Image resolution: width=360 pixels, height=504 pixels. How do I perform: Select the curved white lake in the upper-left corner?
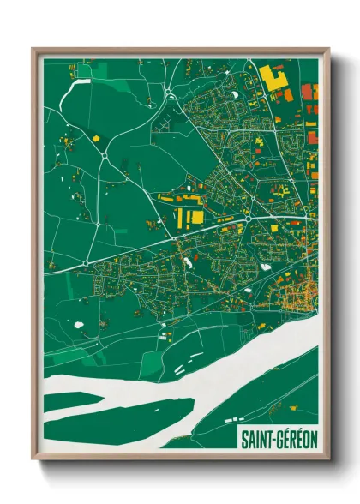[82, 82]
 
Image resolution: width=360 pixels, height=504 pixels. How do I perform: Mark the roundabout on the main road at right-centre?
[247, 219]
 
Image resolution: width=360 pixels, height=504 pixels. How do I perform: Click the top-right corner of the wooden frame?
[327, 50]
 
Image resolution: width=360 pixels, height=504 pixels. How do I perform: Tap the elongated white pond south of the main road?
[266, 266]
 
